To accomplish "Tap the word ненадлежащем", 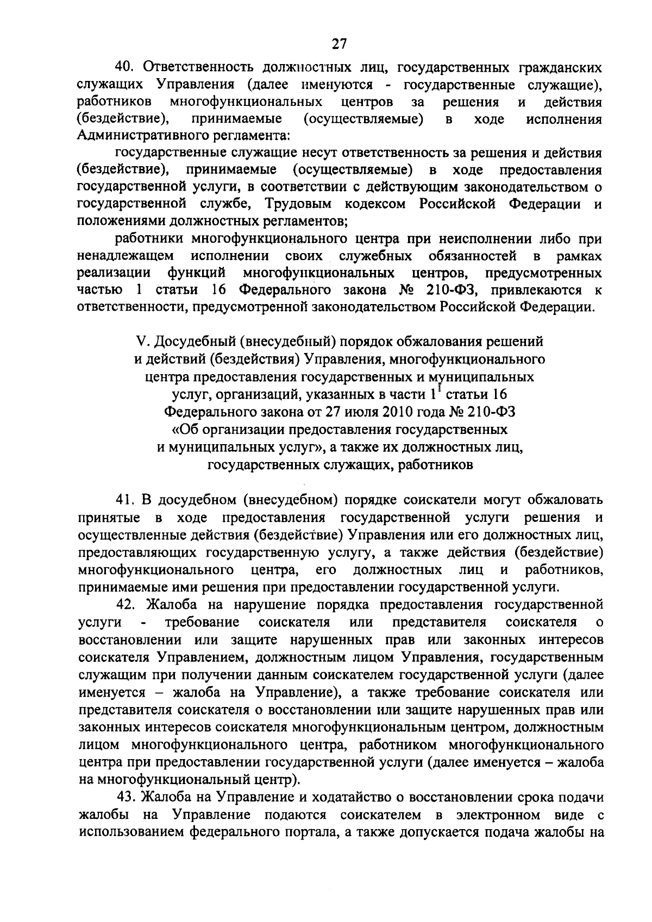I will [126, 256].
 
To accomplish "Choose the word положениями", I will [120, 222].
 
